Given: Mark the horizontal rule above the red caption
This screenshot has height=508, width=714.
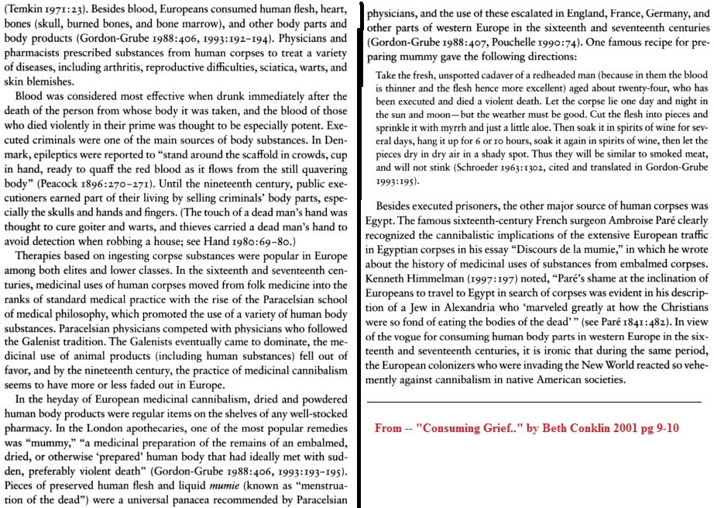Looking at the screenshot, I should [534, 402].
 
